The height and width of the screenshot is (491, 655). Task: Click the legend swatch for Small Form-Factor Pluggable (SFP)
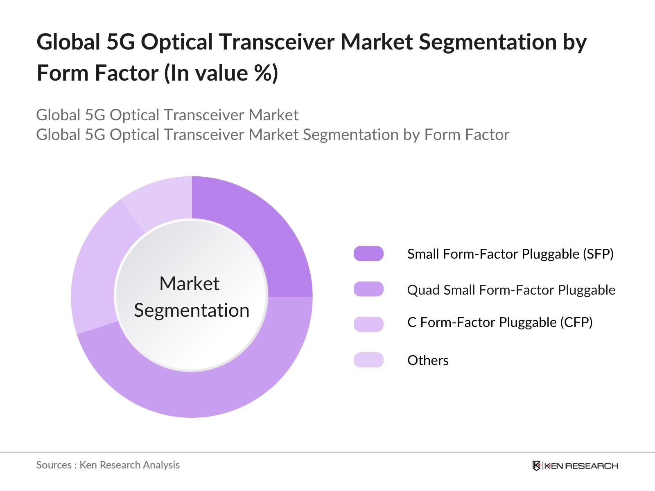click(x=368, y=254)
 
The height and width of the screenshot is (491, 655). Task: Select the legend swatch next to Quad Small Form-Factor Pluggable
click(x=368, y=289)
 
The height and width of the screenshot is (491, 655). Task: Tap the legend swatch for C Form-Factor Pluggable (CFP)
click(x=368, y=324)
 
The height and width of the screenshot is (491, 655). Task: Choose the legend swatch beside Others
click(x=368, y=360)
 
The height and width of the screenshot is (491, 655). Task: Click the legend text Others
click(x=428, y=360)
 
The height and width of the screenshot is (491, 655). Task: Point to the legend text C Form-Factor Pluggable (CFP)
click(x=500, y=322)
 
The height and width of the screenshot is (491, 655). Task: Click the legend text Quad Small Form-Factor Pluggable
click(x=511, y=290)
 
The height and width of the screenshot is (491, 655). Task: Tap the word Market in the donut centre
click(x=189, y=284)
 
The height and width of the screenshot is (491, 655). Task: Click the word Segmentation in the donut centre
click(x=192, y=310)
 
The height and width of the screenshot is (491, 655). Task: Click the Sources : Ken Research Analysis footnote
click(x=108, y=465)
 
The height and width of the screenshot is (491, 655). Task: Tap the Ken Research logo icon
click(x=536, y=466)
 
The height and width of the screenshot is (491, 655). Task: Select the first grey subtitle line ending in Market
click(x=167, y=115)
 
